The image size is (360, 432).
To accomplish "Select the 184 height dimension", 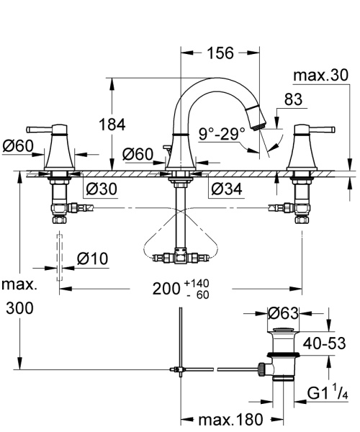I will (x=132, y=125).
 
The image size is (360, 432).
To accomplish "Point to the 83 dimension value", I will (x=292, y=102).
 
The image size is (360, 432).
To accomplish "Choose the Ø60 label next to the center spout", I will (x=136, y=153).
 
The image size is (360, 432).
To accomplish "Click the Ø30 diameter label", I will (x=101, y=189).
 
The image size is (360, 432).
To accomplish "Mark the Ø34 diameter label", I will (x=226, y=189).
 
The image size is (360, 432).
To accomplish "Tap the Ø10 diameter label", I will (x=91, y=258).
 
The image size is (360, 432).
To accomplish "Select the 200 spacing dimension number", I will (x=166, y=290).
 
